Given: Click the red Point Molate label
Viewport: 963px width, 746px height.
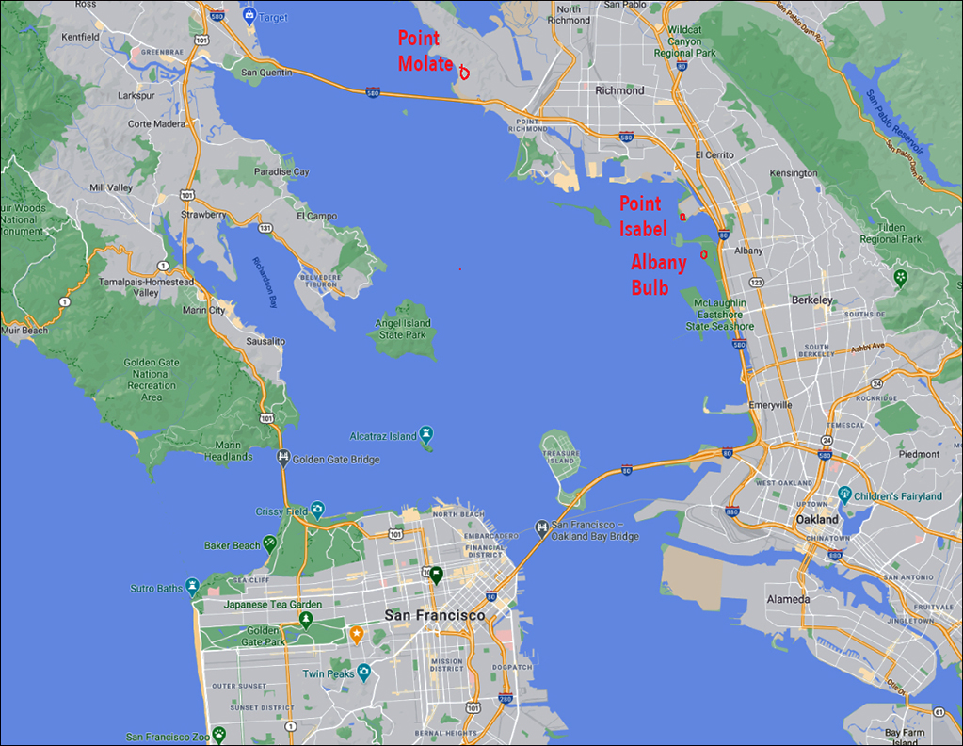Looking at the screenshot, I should (x=425, y=51).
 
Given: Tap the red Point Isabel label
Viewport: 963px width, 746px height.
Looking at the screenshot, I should (x=642, y=216).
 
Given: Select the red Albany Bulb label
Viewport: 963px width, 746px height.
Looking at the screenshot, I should (x=659, y=275).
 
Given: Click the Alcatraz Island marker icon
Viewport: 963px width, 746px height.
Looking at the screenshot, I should (x=426, y=433).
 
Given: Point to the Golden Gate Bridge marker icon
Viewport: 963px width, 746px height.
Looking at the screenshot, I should (x=282, y=457).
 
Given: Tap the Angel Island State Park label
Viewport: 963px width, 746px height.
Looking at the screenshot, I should (x=404, y=329).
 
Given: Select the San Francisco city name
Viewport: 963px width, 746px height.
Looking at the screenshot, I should (x=435, y=615).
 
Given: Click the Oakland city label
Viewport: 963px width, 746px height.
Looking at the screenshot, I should (x=816, y=519).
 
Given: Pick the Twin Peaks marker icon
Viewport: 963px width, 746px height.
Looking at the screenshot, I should (x=363, y=672).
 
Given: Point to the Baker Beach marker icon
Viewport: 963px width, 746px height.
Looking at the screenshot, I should (x=270, y=543).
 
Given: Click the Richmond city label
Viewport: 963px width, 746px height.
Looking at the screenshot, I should (x=619, y=90).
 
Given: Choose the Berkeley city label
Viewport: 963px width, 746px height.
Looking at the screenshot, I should (x=811, y=300).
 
